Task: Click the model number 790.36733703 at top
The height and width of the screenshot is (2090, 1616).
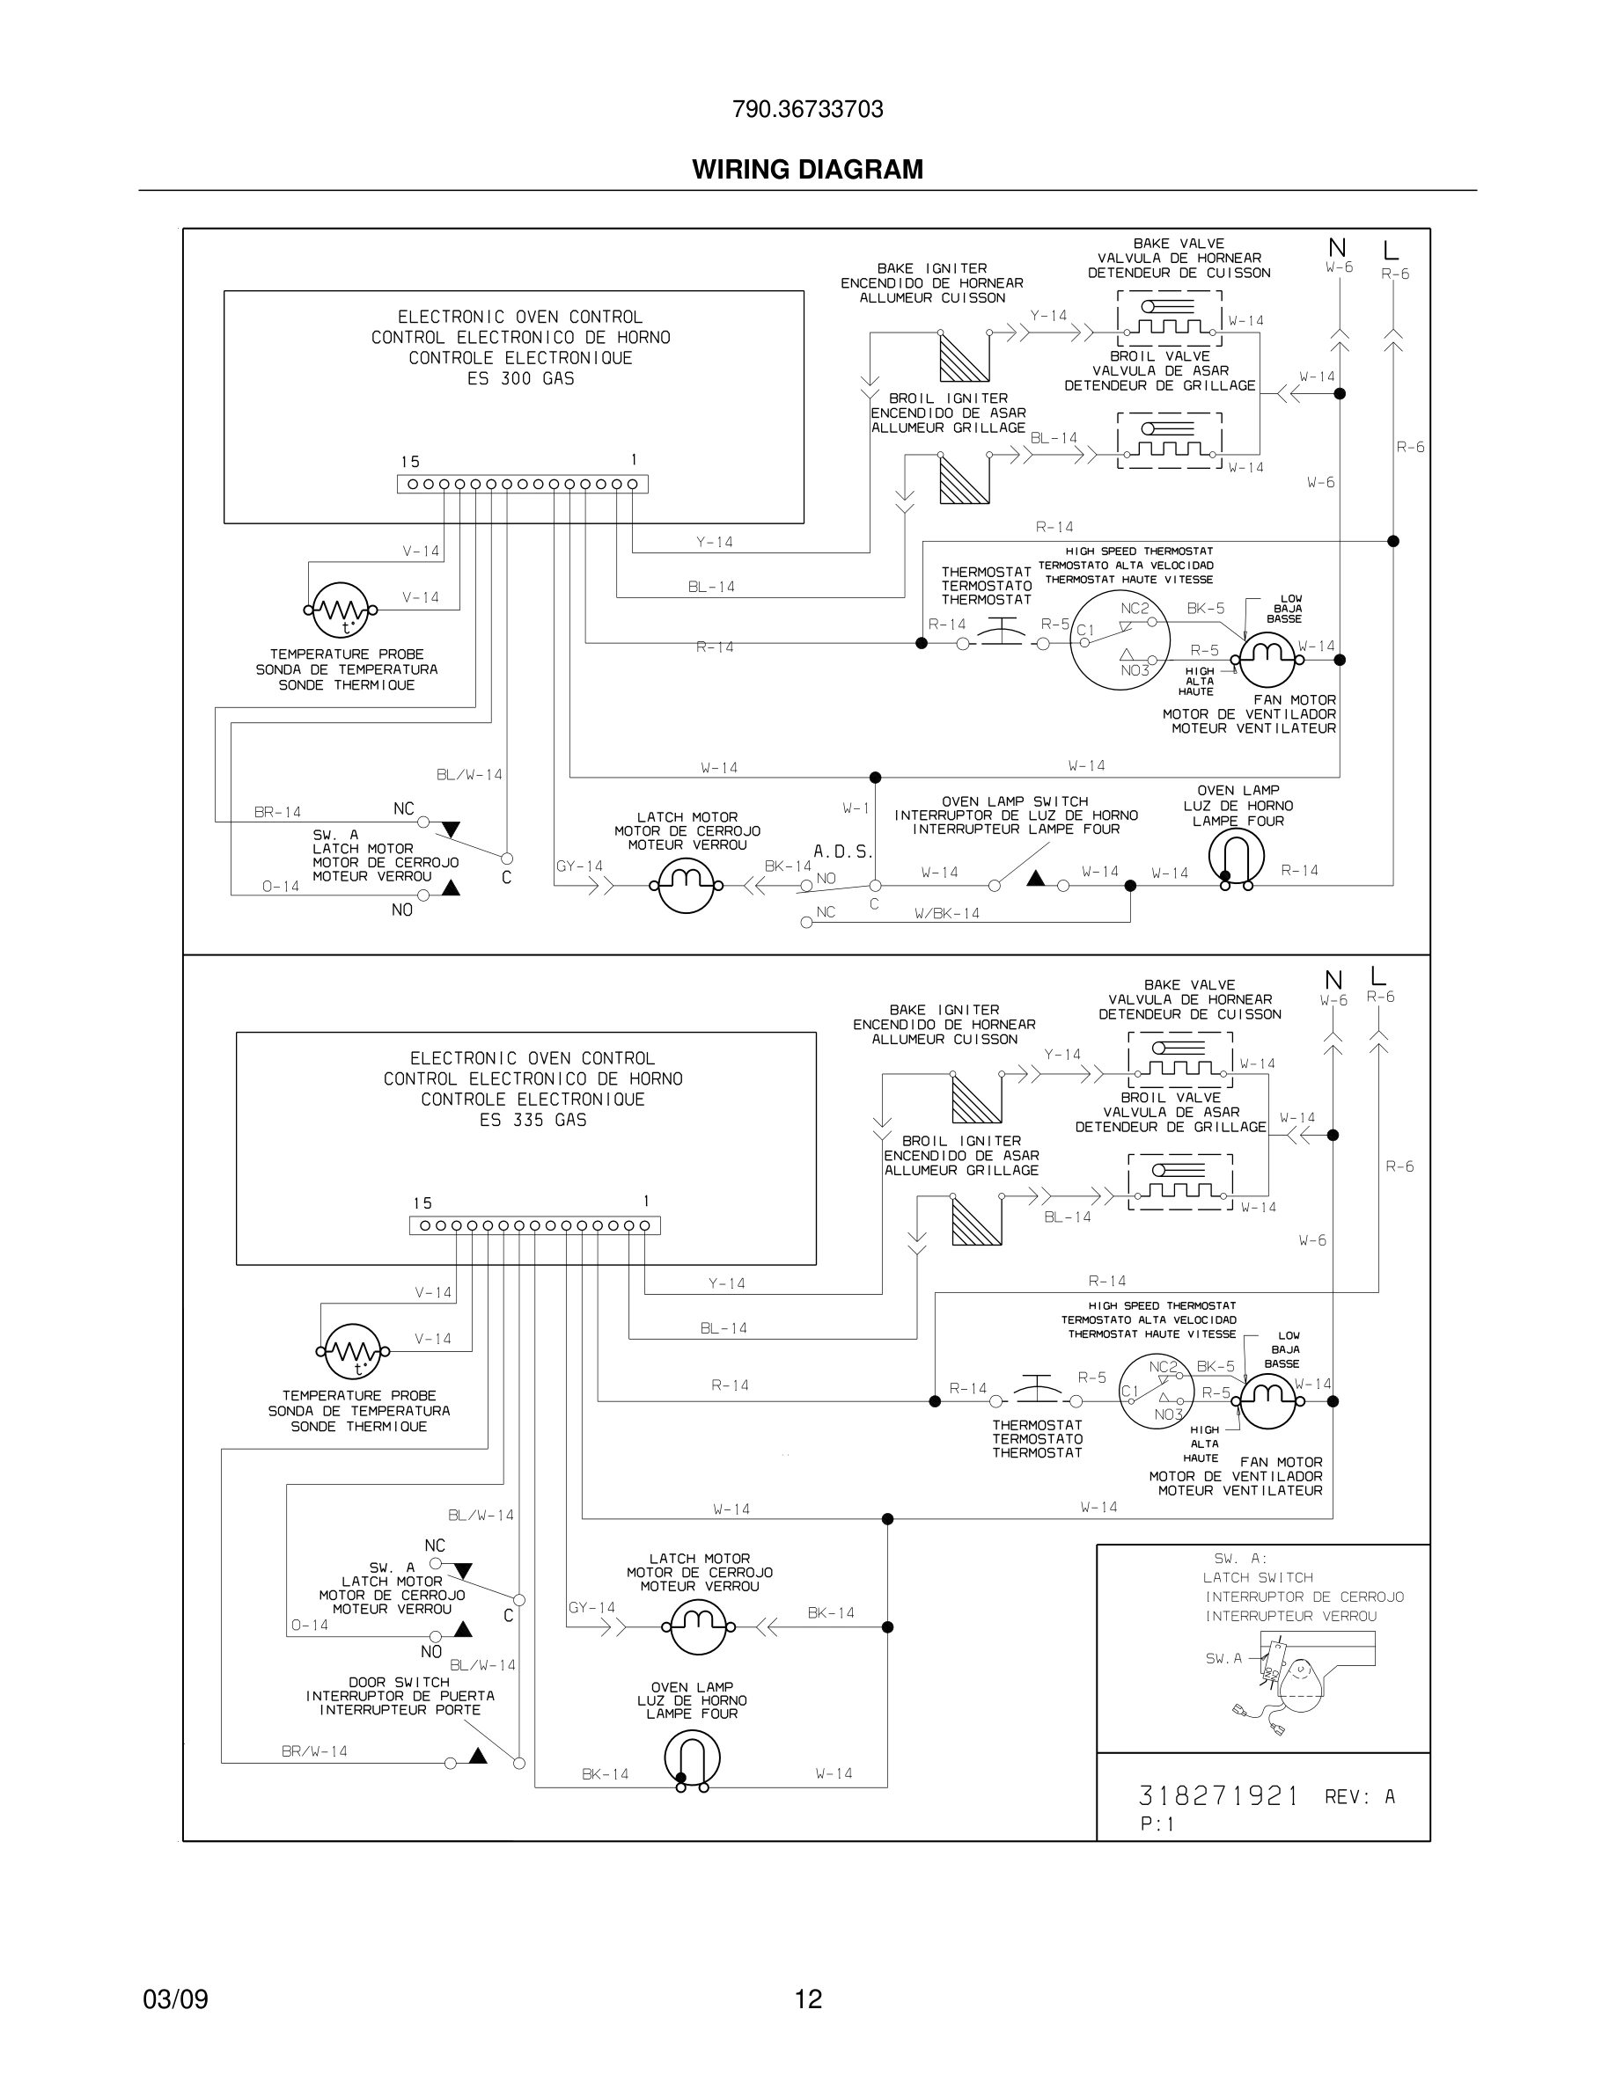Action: coord(807,109)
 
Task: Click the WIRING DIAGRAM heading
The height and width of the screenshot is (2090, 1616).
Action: coord(807,170)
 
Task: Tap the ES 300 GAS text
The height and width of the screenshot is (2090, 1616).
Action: coord(520,378)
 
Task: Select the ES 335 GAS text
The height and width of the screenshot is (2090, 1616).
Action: coord(533,1120)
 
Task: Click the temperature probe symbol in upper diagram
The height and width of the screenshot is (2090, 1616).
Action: coord(341,610)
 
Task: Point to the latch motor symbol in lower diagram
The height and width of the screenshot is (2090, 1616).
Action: coord(698,1626)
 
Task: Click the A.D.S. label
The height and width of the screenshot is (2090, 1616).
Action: coord(842,851)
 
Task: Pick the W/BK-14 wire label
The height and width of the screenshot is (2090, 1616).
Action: coord(947,913)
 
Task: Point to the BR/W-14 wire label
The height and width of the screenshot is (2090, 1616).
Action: coord(314,1751)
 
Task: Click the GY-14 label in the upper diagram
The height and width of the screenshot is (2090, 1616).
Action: coord(579,866)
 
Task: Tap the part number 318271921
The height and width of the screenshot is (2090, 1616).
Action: coord(1218,1795)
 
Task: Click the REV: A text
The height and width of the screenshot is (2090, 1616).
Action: coord(1360,1797)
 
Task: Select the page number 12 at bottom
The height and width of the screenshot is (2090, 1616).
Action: coord(808,1999)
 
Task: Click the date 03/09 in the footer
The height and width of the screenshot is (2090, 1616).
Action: coord(175,1999)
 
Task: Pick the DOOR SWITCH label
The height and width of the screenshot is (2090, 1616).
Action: coord(400,1681)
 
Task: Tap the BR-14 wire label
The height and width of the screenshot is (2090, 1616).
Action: coord(277,812)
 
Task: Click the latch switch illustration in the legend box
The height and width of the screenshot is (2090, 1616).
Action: coord(1288,1676)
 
